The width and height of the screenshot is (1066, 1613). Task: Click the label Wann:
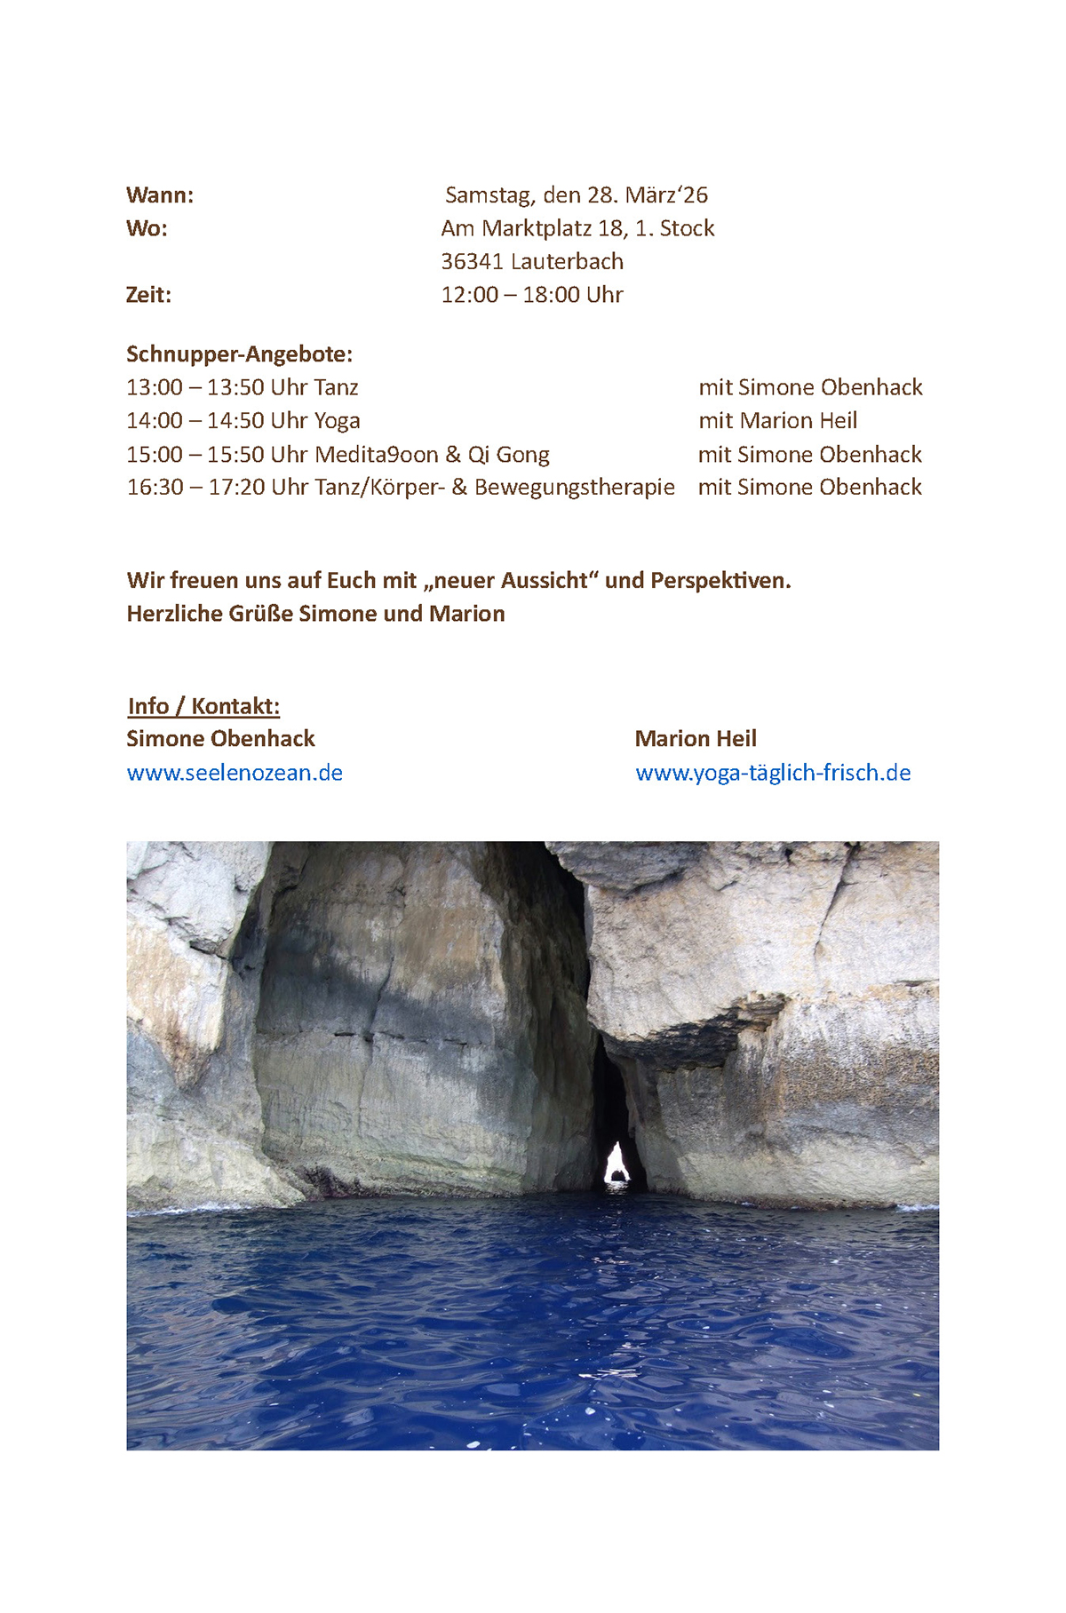[160, 195]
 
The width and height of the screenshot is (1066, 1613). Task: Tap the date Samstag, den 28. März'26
[577, 195]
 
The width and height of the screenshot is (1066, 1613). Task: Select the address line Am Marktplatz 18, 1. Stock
[577, 229]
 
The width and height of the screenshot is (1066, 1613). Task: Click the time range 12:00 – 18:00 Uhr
[532, 295]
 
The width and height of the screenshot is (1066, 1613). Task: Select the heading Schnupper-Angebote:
[239, 354]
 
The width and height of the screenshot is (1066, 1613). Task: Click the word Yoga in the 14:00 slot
[338, 421]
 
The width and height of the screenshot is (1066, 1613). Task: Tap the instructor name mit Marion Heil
[777, 421]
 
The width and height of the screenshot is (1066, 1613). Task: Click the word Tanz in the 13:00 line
[336, 388]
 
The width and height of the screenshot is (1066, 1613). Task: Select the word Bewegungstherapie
[575, 488]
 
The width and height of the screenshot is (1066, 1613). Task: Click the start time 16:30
[155, 488]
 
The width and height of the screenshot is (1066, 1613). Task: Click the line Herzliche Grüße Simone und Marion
[315, 614]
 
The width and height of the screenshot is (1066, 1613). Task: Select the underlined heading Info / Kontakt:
[203, 706]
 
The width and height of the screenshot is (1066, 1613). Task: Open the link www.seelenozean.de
[235, 773]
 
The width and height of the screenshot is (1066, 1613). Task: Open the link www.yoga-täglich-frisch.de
[773, 773]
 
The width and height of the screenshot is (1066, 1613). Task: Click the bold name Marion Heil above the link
[696, 739]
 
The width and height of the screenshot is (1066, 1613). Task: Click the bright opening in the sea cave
[616, 1164]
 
